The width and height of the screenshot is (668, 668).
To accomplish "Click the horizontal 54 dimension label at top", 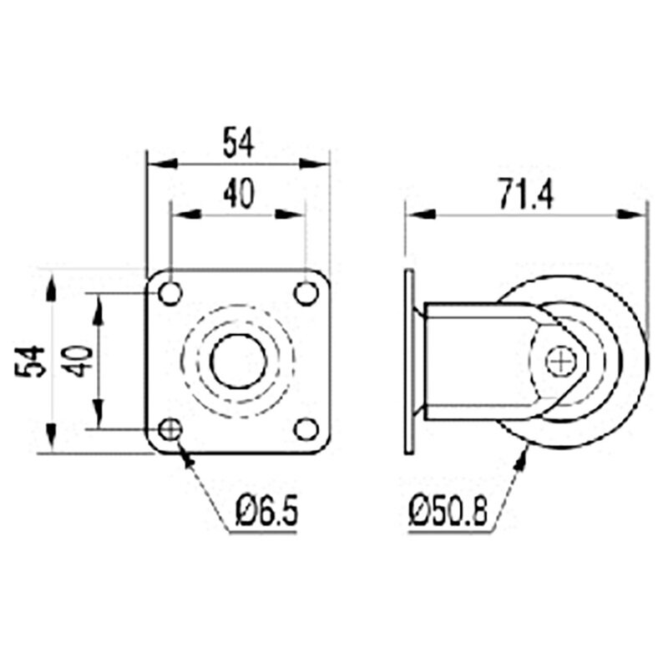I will click(238, 143).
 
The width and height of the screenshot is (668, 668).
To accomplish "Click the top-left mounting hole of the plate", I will click(170, 293).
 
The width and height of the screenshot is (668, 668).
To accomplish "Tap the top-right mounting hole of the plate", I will click(306, 293).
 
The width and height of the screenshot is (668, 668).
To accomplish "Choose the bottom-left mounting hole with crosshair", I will click(170, 430).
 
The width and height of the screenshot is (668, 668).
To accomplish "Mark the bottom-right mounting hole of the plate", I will click(306, 430).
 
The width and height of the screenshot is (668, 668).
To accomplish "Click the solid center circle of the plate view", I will click(238, 362).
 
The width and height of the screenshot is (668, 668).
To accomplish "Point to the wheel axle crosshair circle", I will click(560, 362).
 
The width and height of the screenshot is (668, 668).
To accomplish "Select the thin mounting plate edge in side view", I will click(409, 362).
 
